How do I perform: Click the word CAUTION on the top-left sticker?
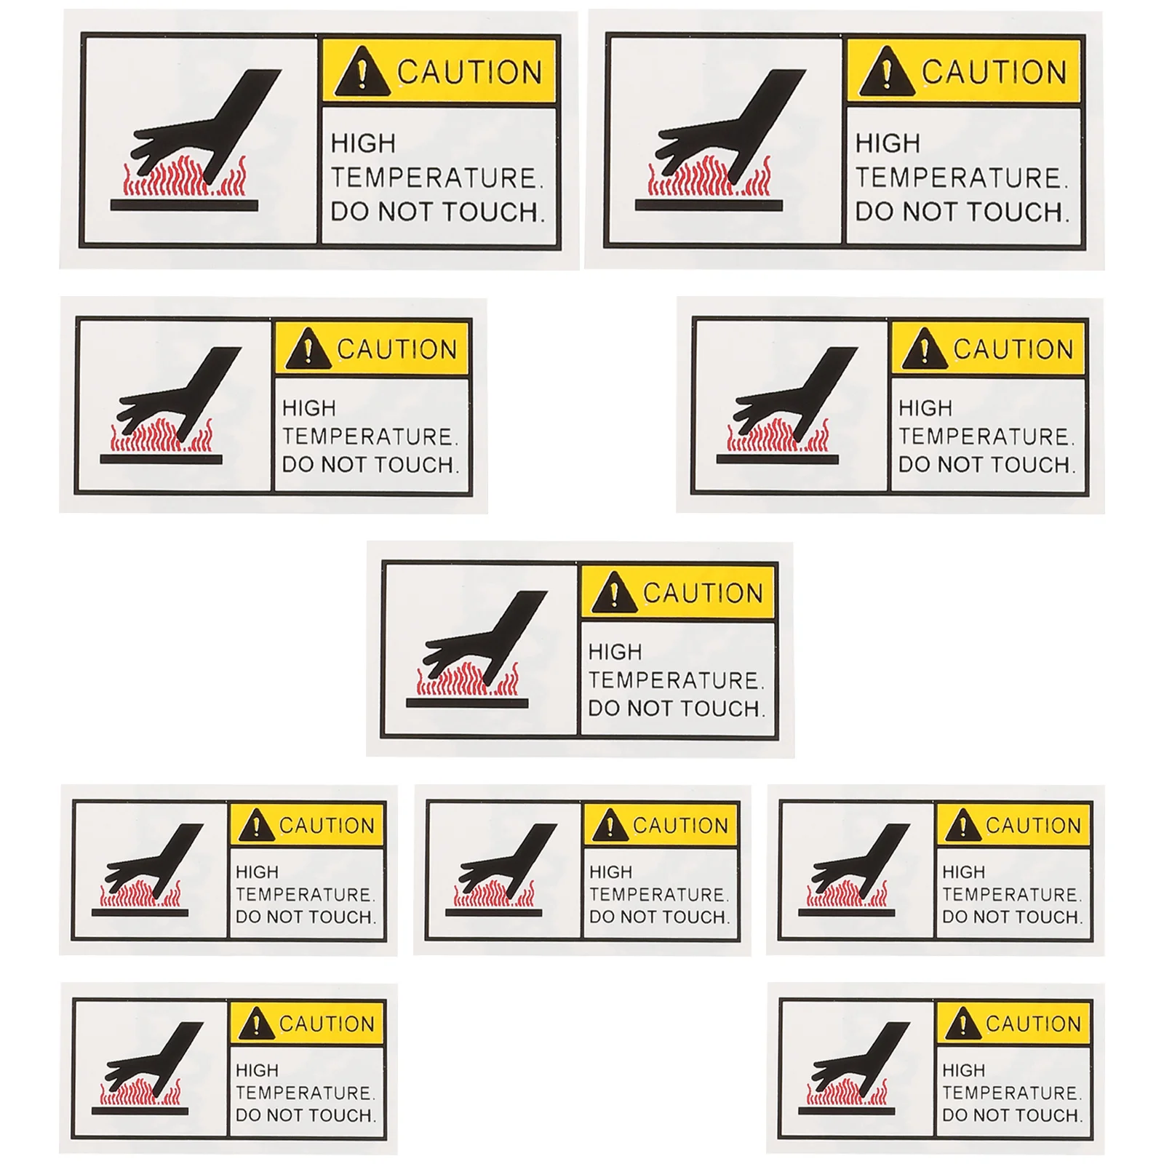coord(469,72)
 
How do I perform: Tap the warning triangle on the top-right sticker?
coord(885,73)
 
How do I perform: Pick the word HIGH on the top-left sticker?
coord(363,143)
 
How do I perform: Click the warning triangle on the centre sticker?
coord(614,594)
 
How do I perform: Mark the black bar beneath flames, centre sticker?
coord(467,703)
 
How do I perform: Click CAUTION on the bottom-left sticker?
coord(327,1024)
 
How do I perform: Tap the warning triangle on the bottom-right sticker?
coord(962,1024)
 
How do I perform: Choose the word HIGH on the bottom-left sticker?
coord(257,1070)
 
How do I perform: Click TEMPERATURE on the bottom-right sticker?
coord(1011,1093)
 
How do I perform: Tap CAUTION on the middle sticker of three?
coord(680,826)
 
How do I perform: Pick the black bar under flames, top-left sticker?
coord(184,206)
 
